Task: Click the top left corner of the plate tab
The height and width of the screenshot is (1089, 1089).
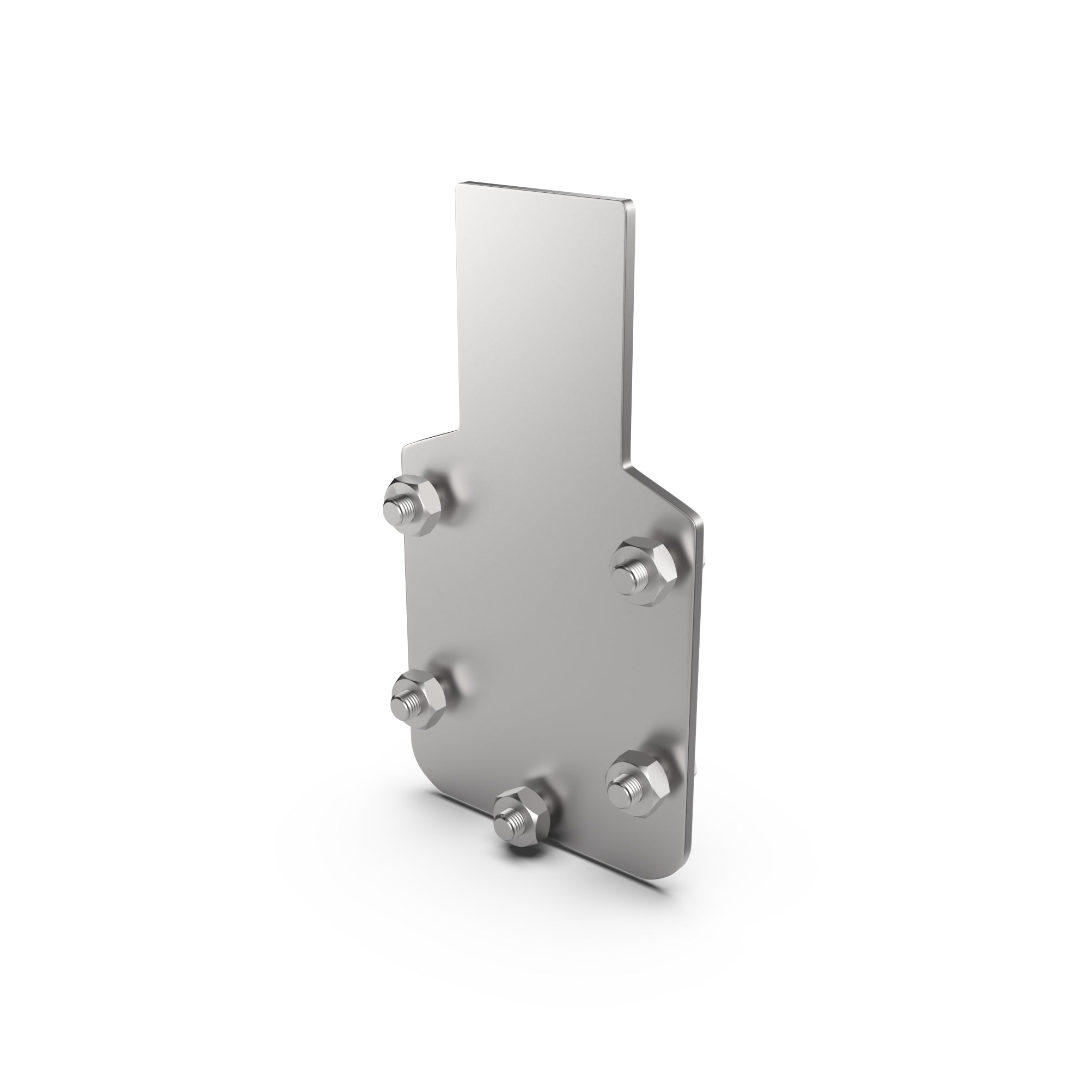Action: coord(458,185)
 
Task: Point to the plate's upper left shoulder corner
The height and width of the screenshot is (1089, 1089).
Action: coord(403,448)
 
